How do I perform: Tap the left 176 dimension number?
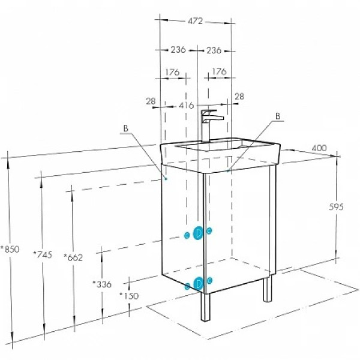(x=172, y=72)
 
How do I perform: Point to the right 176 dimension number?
(x=218, y=72)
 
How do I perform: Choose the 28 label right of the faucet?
(x=239, y=97)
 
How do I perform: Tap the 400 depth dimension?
(x=320, y=148)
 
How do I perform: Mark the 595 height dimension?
(x=337, y=206)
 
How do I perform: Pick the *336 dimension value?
(x=103, y=283)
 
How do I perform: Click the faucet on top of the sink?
(x=209, y=122)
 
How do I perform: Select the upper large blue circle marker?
(x=198, y=233)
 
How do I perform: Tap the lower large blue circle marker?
(x=198, y=284)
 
